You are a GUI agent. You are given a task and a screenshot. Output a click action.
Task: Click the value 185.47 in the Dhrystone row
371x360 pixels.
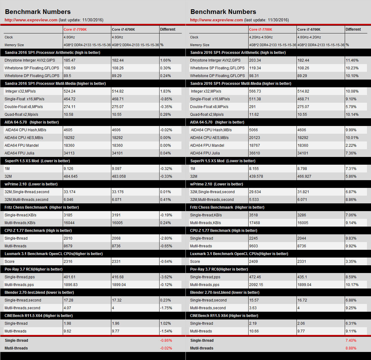(x=70, y=60)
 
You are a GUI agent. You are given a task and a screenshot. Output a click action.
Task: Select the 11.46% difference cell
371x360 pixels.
(x=352, y=60)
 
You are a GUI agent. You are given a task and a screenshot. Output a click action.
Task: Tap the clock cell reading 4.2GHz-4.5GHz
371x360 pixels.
(x=261, y=37)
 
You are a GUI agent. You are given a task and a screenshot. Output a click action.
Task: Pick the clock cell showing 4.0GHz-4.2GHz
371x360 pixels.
(x=309, y=37)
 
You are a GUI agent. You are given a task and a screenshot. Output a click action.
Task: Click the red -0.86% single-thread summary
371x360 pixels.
(x=166, y=340)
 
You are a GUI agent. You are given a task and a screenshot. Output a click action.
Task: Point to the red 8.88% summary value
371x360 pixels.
(x=351, y=348)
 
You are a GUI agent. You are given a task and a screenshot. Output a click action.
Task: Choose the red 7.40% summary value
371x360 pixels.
(x=351, y=340)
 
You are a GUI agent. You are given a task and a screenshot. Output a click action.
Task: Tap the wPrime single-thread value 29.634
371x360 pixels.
(x=255, y=192)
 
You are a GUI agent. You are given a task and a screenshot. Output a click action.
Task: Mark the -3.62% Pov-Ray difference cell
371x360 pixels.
(x=166, y=277)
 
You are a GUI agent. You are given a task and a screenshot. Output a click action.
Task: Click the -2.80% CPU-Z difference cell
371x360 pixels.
(x=166, y=238)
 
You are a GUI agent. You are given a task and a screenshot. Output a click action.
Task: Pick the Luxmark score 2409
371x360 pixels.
(x=254, y=262)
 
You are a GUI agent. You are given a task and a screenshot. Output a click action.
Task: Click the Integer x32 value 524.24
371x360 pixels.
(x=70, y=91)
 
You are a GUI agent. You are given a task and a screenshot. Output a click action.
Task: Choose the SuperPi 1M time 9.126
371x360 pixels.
(x=69, y=169)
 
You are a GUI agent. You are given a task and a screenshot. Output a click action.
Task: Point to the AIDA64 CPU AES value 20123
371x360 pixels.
(x=254, y=138)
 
